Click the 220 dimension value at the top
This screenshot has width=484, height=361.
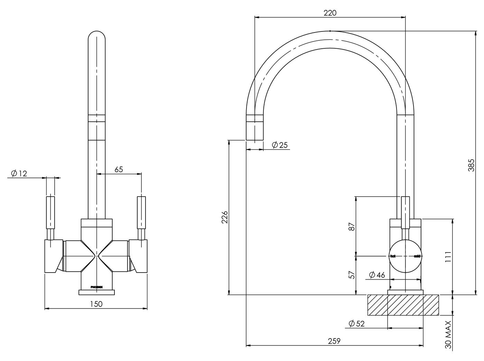[330, 13]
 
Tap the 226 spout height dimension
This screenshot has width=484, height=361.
[225, 217]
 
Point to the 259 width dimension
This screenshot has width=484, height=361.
[334, 341]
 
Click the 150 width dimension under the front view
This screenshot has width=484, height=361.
[96, 304]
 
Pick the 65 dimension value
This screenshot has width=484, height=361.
[119, 169]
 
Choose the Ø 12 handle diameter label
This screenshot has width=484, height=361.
[19, 173]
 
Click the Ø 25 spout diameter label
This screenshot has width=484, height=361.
[280, 145]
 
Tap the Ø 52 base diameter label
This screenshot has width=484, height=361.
[357, 324]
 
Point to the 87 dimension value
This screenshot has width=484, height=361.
[352, 227]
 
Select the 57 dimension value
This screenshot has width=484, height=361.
[352, 275]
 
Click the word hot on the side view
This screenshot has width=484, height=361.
[393, 256]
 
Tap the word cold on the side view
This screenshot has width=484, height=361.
[417, 256]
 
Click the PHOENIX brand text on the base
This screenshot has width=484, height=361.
[96, 287]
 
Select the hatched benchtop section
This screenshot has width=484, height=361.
[403, 305]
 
